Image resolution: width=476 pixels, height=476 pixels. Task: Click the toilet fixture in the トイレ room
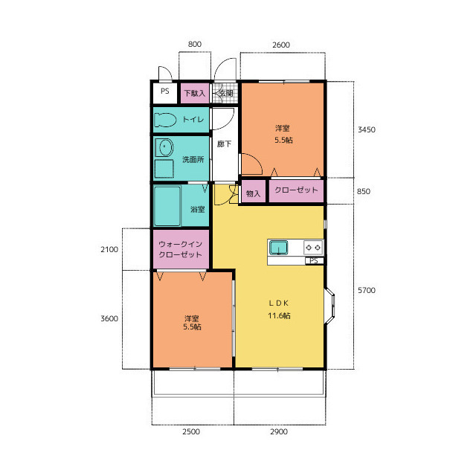tap(165, 120)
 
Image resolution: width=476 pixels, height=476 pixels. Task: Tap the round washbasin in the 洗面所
tap(164, 148)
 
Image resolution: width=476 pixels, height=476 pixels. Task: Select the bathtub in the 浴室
tap(167, 206)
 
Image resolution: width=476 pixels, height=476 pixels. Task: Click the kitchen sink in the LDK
tap(279, 248)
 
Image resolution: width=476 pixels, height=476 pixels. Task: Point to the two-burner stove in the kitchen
tap(313, 248)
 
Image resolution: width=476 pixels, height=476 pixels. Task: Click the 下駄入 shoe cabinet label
tap(195, 93)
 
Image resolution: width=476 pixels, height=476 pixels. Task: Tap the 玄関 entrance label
tap(226, 93)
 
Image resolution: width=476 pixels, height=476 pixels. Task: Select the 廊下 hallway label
tap(225, 144)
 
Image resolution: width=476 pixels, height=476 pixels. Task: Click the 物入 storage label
tap(253, 193)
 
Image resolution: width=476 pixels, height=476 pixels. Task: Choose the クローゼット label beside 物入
tap(296, 190)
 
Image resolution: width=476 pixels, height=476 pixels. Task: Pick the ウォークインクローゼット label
tap(180, 249)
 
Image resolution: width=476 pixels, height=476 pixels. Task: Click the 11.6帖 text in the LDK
tap(279, 315)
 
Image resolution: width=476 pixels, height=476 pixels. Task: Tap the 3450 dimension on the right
tap(367, 129)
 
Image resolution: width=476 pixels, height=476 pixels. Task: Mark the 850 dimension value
tap(364, 191)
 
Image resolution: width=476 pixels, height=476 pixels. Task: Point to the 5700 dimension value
tap(367, 290)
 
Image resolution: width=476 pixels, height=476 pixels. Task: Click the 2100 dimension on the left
tap(109, 250)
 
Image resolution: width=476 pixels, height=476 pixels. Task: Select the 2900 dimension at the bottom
tap(279, 431)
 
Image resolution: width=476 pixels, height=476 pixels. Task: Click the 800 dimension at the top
tap(195, 45)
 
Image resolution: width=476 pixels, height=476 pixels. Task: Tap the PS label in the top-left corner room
tap(165, 91)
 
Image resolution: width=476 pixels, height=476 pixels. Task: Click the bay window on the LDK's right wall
tap(330, 305)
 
